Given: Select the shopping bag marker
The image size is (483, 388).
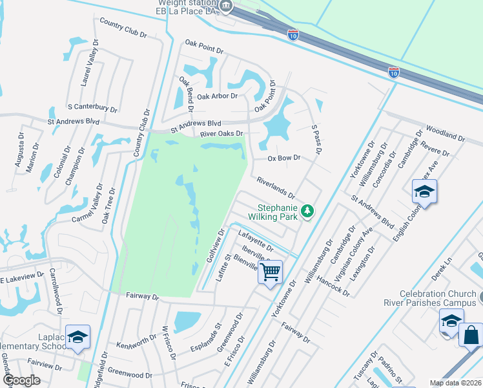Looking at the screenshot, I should (471, 335).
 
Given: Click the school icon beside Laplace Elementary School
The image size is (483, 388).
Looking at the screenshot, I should (77, 337).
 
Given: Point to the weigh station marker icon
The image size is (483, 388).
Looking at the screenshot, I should (225, 6).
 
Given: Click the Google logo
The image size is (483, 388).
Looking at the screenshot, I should (21, 381).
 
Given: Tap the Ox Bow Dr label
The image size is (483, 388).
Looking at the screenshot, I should (285, 158).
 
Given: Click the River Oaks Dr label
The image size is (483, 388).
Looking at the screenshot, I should (221, 134).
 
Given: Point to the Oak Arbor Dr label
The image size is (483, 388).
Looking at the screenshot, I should (217, 96).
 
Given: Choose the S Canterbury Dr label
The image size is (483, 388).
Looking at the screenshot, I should (92, 107).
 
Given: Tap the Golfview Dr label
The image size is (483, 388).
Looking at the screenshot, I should (215, 245).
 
